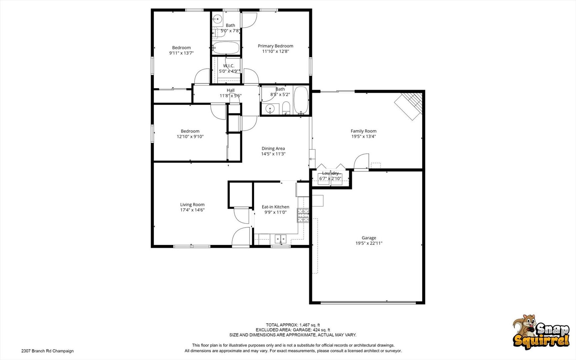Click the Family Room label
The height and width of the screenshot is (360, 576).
click(363, 131)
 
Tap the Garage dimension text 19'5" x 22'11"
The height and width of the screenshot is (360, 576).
click(369, 243)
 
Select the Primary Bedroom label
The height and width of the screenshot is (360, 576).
click(276, 46)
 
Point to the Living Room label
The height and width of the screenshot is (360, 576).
click(192, 205)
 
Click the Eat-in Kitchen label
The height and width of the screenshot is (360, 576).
click(276, 207)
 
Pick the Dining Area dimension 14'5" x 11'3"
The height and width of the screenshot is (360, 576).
click(273, 154)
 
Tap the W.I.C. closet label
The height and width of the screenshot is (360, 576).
click(229, 66)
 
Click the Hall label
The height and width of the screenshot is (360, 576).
click(231, 90)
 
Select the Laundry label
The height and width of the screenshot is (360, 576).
click(330, 173)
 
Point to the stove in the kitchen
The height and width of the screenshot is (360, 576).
click(303, 215)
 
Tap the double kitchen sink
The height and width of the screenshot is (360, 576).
click(281, 239)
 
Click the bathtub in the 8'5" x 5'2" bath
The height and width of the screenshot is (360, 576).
click(301, 100)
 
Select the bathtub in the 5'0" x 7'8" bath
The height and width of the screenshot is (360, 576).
click(226, 48)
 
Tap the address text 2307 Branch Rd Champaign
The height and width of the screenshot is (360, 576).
click(47, 351)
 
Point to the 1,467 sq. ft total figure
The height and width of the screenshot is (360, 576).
click(310, 325)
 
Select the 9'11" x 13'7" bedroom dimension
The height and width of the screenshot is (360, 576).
click(181, 53)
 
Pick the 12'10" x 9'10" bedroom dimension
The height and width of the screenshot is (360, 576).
click(190, 137)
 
